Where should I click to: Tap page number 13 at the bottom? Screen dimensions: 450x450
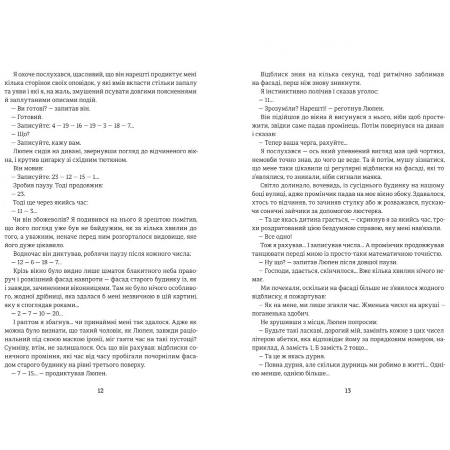coord(348,391)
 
